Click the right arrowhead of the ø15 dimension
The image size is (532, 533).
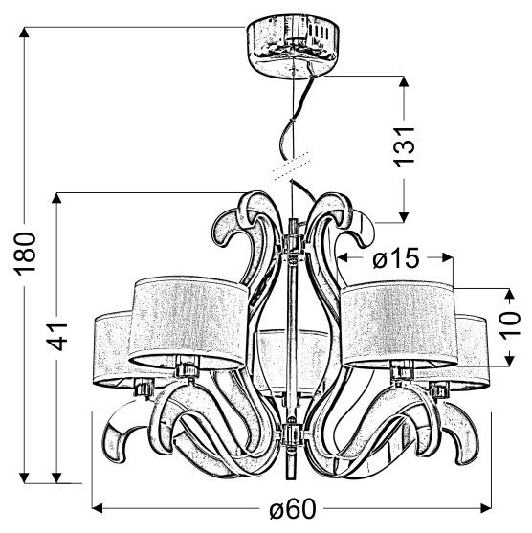point(446,258)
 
